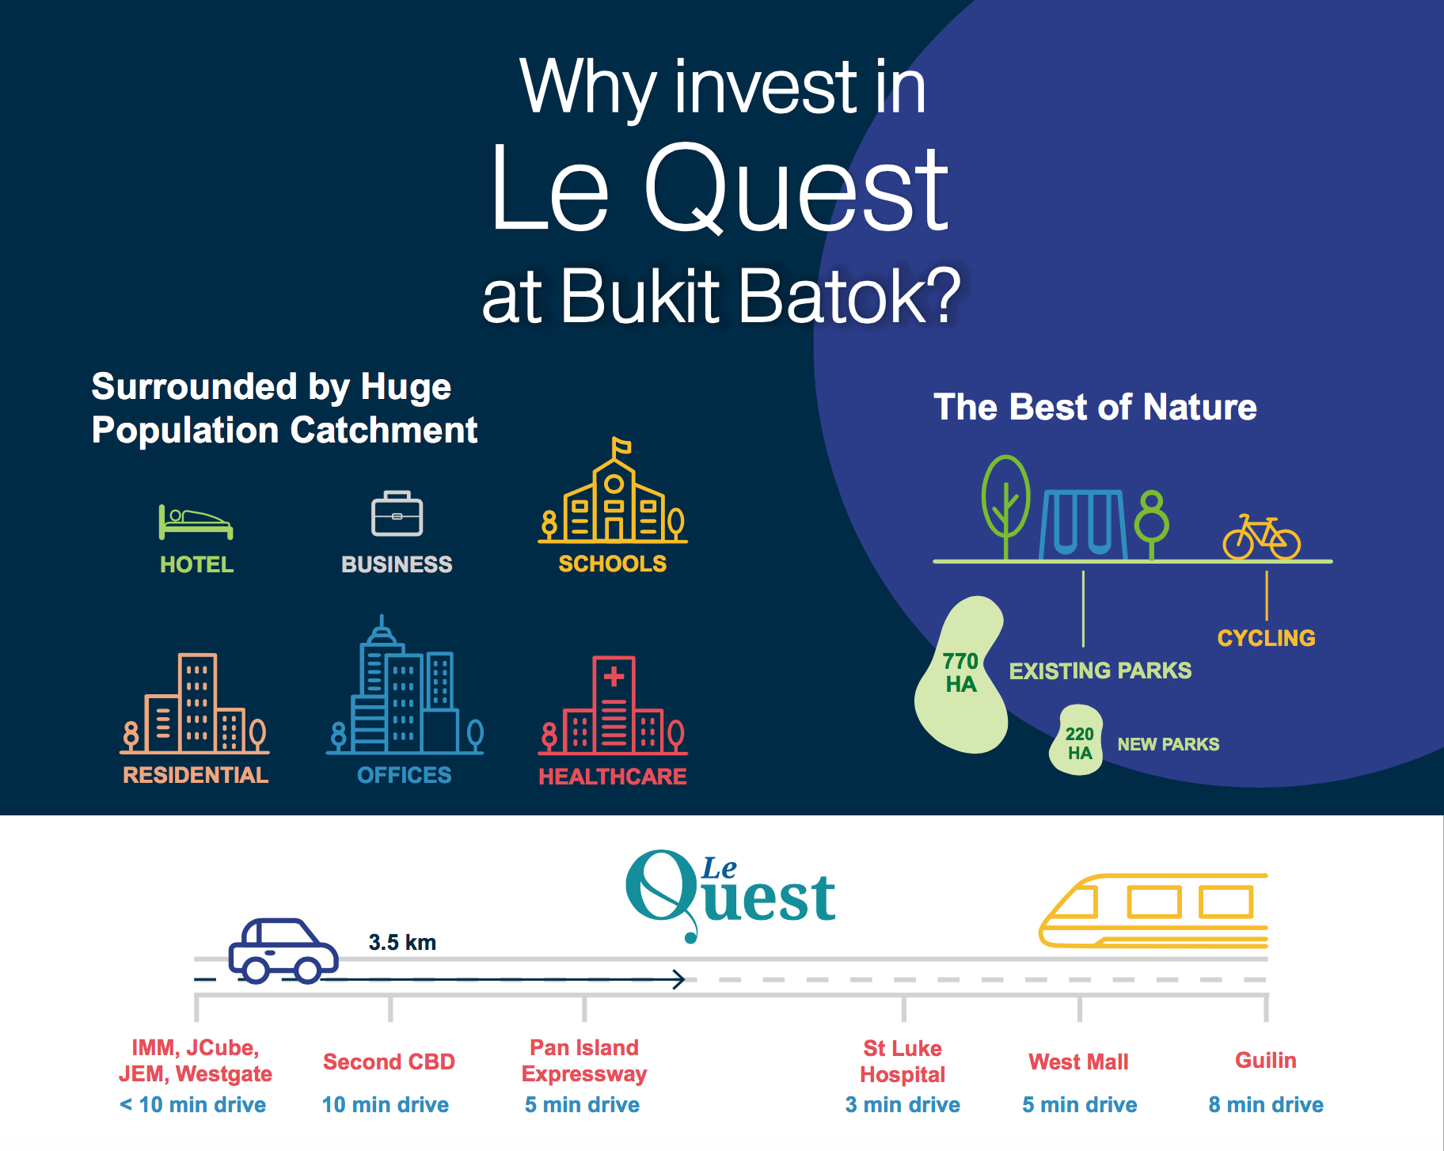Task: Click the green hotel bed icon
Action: [196, 522]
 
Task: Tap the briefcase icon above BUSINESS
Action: [397, 514]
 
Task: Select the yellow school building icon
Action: [613, 491]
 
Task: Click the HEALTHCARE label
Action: [613, 777]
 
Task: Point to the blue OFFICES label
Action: [404, 775]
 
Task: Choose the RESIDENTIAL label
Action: [196, 775]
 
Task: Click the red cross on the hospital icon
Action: [614, 677]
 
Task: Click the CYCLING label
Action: [1266, 638]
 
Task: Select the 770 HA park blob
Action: [961, 675]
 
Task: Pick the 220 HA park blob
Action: [1077, 740]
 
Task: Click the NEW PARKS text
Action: [1168, 744]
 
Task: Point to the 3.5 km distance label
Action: [402, 942]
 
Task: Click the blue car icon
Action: [283, 951]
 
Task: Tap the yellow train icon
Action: [1153, 911]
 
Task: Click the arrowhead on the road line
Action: [679, 979]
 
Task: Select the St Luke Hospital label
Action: [902, 1062]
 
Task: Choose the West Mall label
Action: [1078, 1062]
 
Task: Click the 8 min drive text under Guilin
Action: [1266, 1104]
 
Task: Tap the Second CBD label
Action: [389, 1062]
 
